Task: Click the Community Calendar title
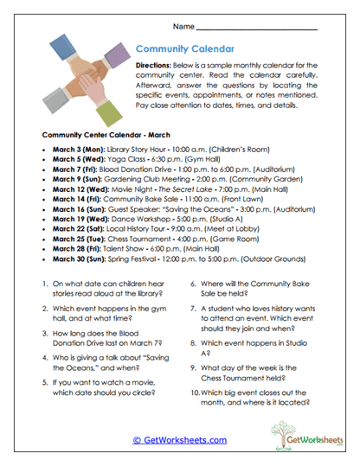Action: (x=183, y=50)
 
